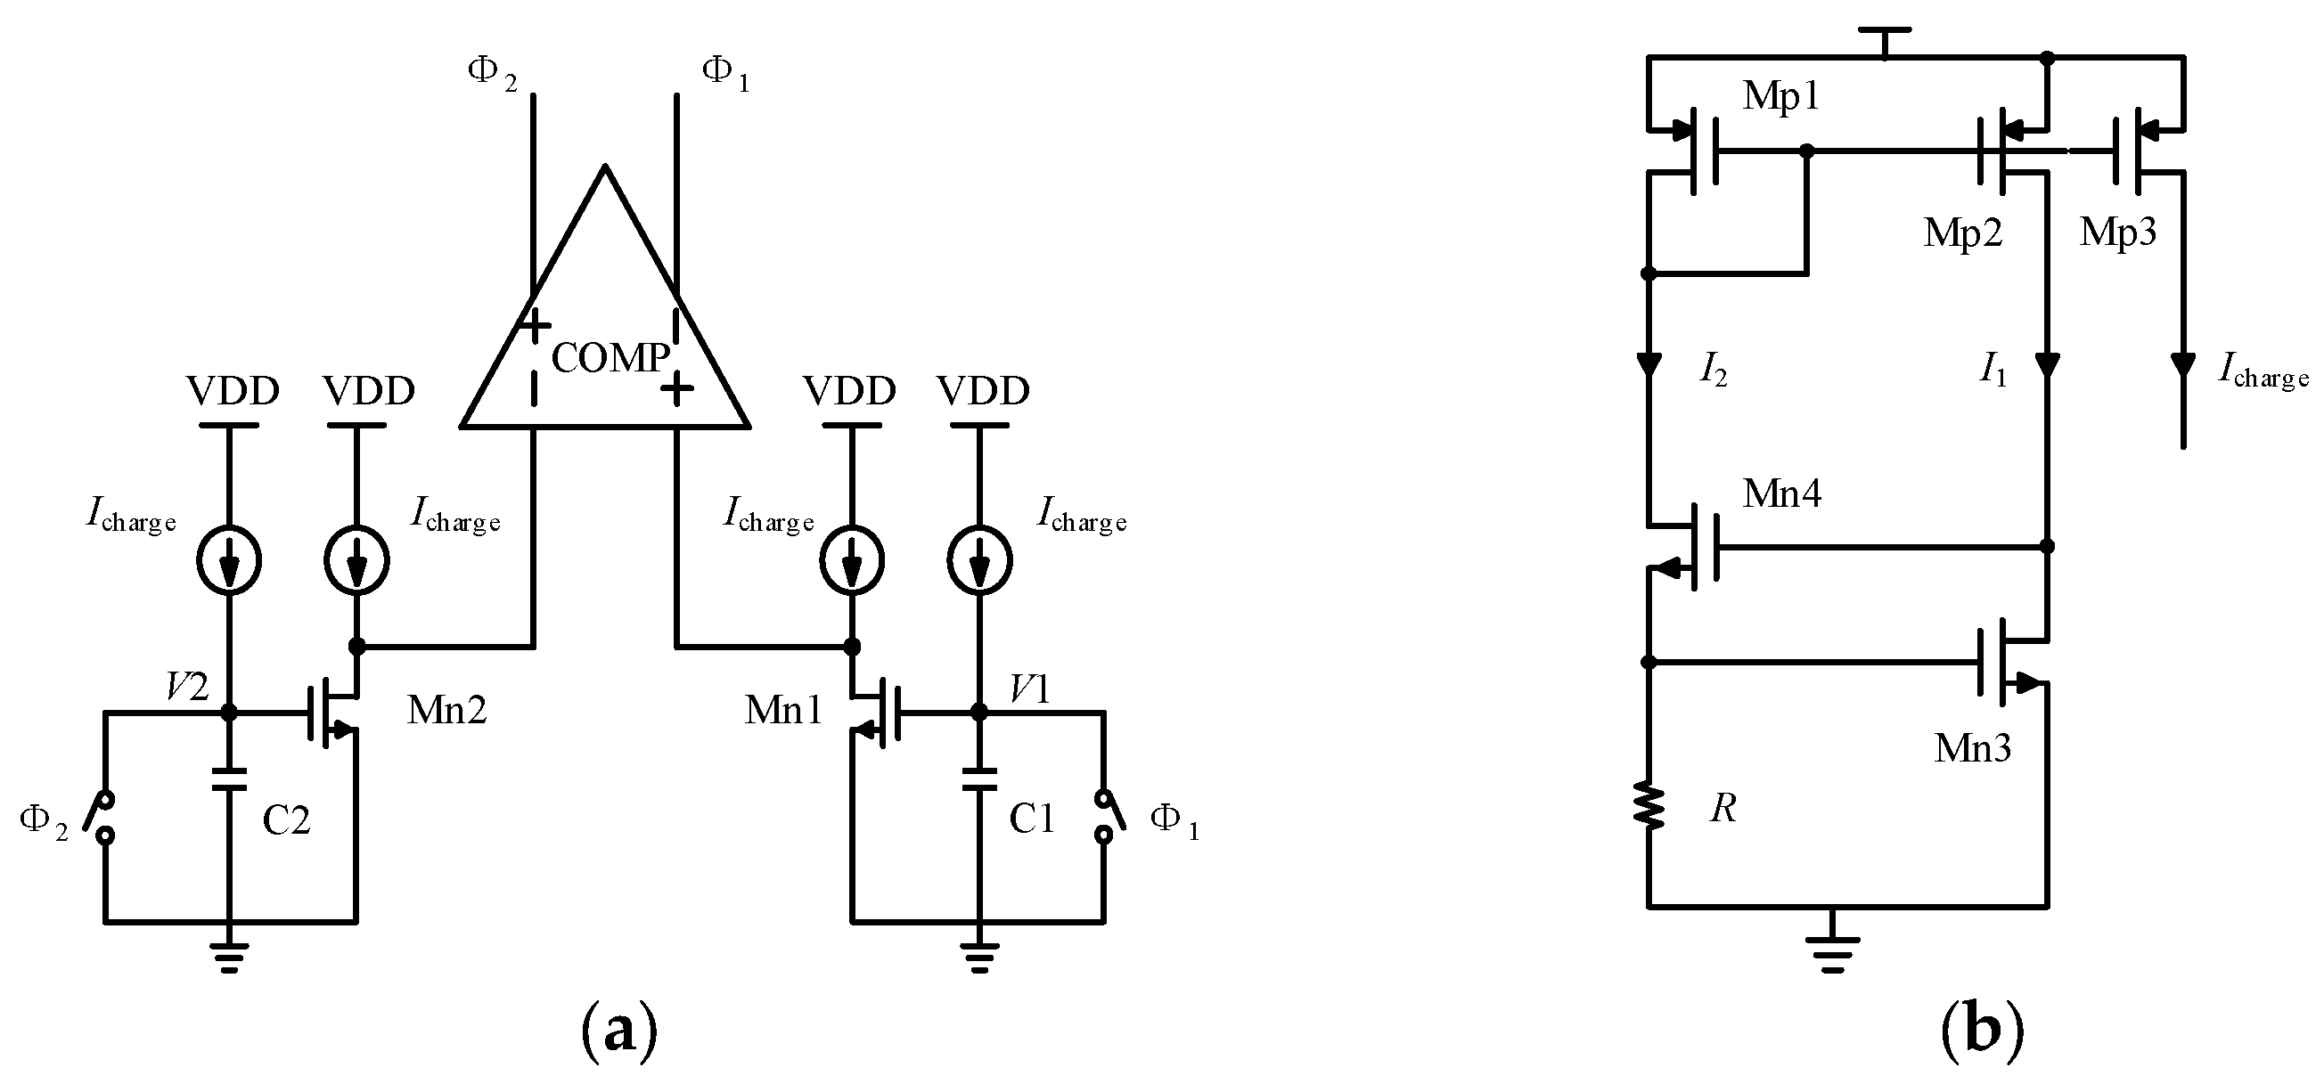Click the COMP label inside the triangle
click(610, 358)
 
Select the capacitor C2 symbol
click(230, 779)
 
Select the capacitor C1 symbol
click(978, 779)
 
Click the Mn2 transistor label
click(446, 711)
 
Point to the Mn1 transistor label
click(783, 711)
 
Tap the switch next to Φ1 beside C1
click(1109, 816)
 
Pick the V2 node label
click(188, 689)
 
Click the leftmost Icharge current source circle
click(229, 560)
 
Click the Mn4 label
click(1782, 494)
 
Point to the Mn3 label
click(1972, 748)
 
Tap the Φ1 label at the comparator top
click(724, 74)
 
